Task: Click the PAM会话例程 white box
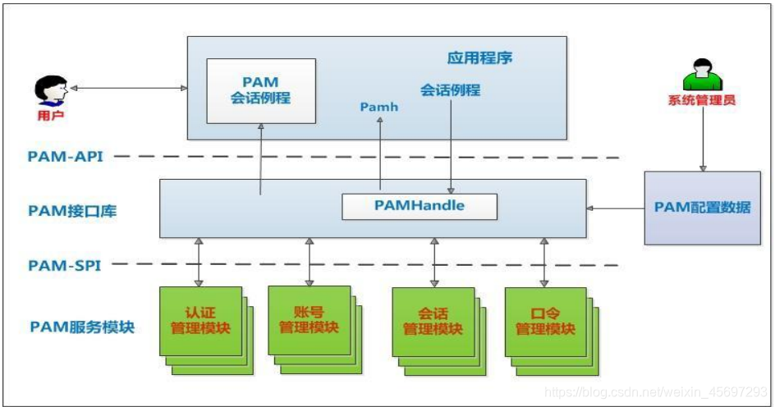(260, 90)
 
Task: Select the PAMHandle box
(419, 206)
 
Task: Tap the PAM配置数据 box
(702, 208)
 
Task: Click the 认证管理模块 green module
(200, 321)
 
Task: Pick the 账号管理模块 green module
(309, 321)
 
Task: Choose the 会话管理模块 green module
(433, 322)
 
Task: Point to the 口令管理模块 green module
(545, 322)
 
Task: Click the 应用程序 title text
(479, 58)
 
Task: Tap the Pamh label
(378, 107)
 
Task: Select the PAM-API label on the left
(66, 156)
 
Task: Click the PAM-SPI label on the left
(65, 265)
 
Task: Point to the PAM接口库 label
(72, 211)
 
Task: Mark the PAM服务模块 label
(82, 327)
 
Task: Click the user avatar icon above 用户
(51, 90)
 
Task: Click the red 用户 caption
(50, 116)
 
